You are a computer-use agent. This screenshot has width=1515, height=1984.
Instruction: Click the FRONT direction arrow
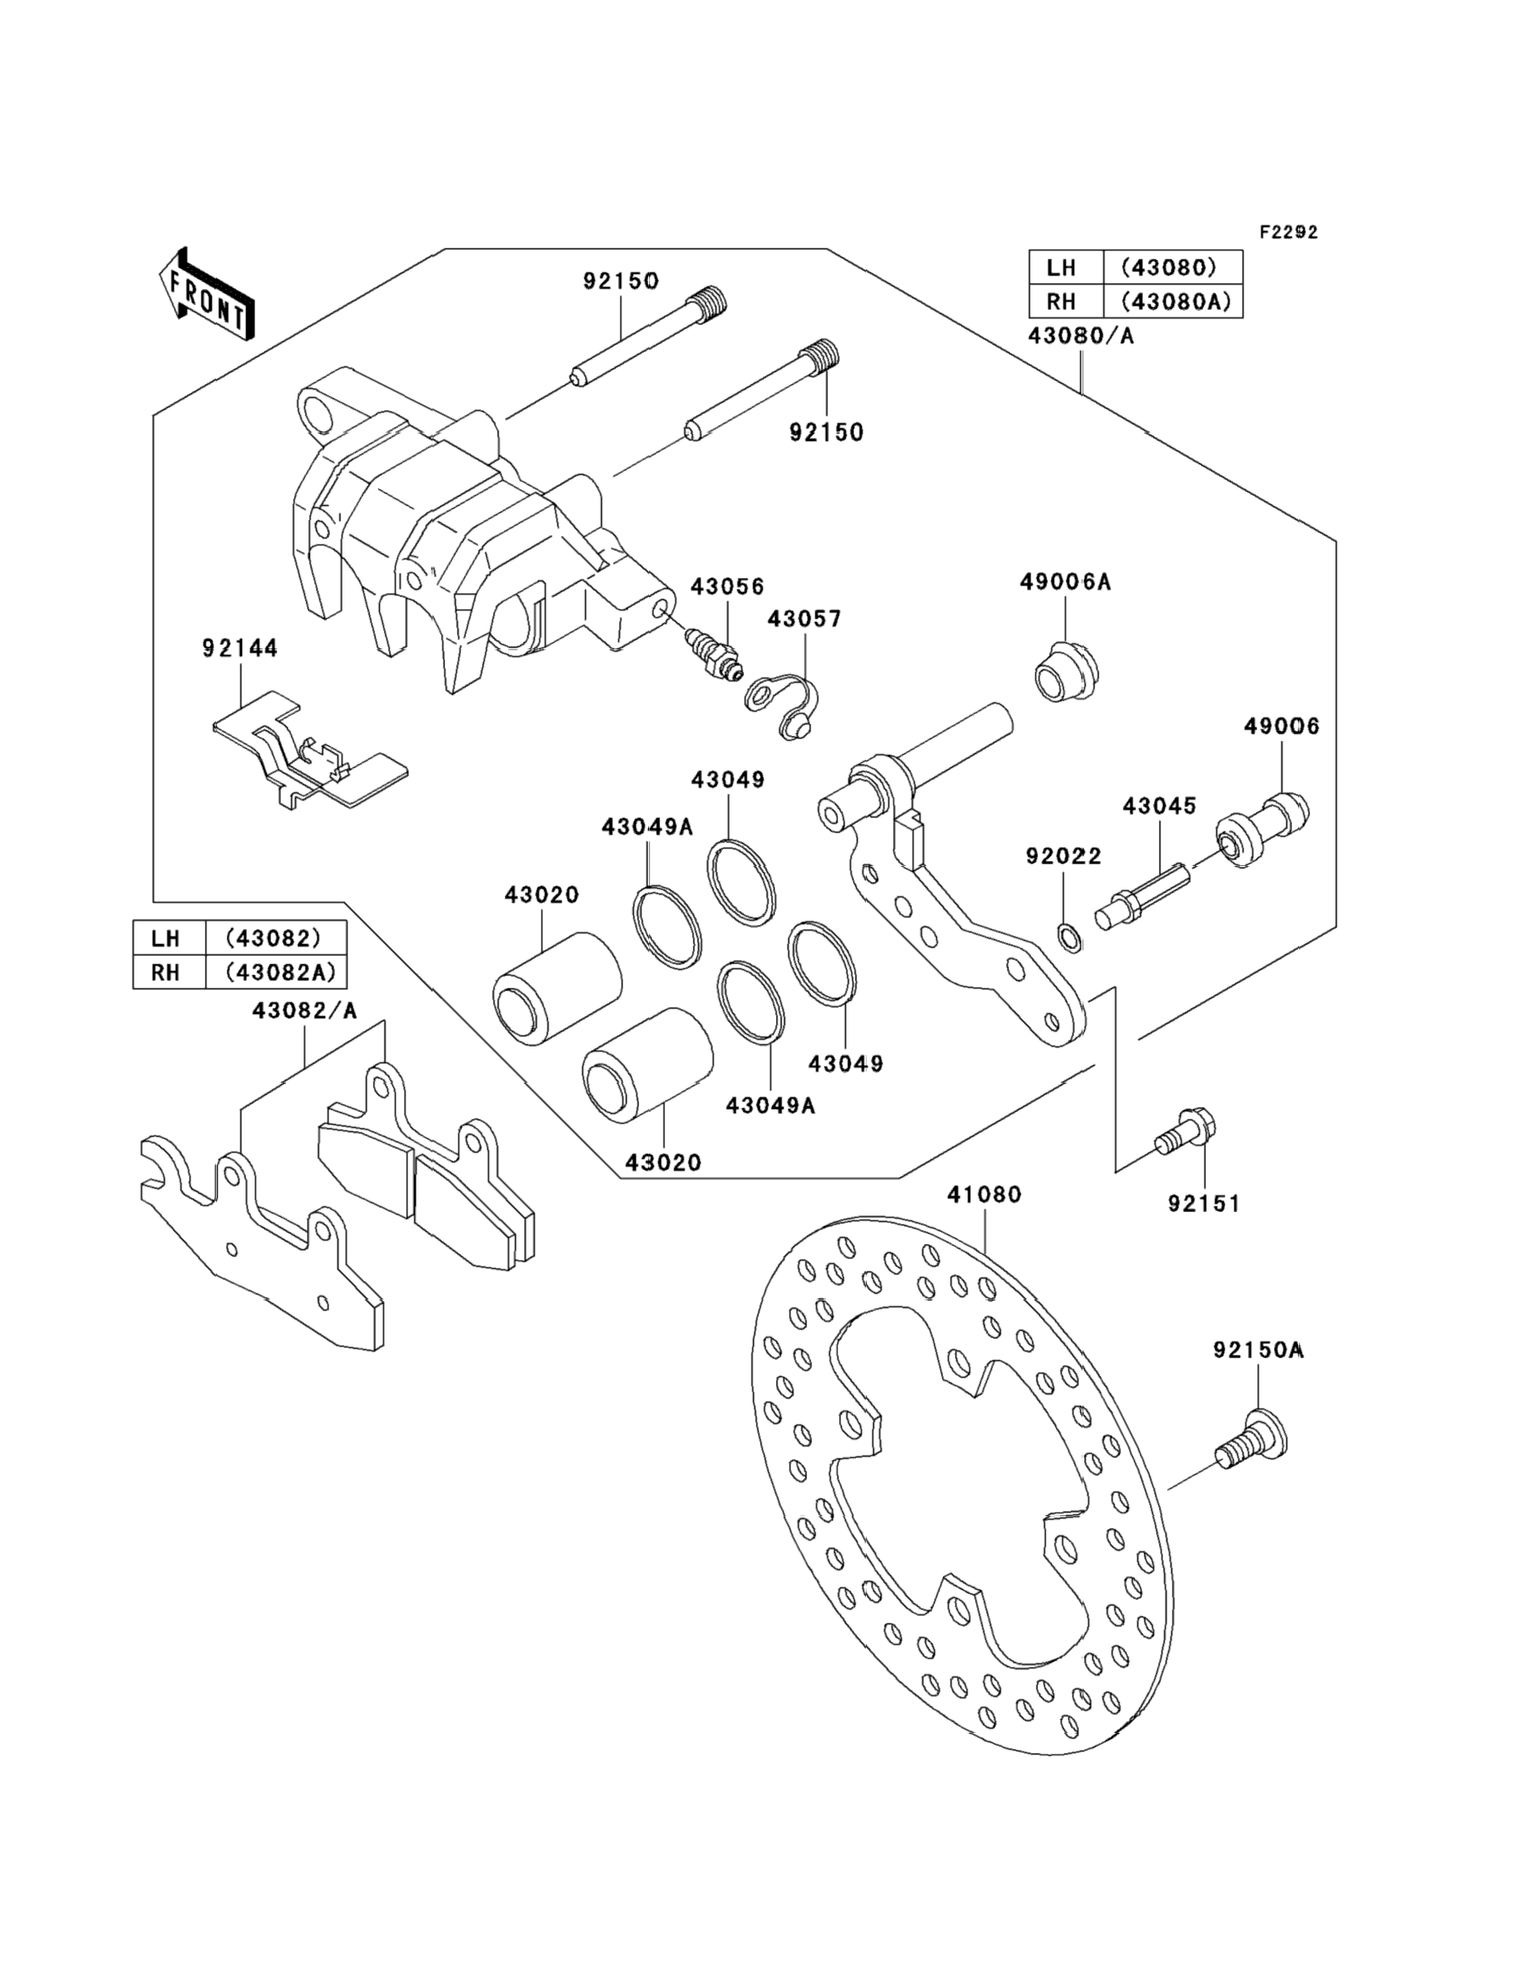point(206,295)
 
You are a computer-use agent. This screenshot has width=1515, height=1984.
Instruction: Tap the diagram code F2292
point(1288,232)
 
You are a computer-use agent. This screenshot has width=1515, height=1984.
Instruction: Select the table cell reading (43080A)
point(1172,302)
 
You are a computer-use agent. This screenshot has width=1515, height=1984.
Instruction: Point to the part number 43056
point(726,586)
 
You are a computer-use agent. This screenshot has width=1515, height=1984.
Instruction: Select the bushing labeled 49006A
point(1066,672)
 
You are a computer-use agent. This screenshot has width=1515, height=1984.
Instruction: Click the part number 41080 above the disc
point(984,1195)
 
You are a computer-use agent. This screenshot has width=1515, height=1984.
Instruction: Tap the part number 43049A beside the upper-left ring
point(647,826)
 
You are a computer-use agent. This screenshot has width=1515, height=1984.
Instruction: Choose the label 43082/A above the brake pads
point(305,1011)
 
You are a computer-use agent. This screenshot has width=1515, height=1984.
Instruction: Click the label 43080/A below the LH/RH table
point(1081,336)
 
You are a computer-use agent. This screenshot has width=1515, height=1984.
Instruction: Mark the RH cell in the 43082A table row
point(169,972)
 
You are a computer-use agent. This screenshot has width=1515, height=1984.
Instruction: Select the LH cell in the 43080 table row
point(1066,268)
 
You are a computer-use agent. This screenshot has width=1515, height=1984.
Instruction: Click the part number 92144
point(240,648)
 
